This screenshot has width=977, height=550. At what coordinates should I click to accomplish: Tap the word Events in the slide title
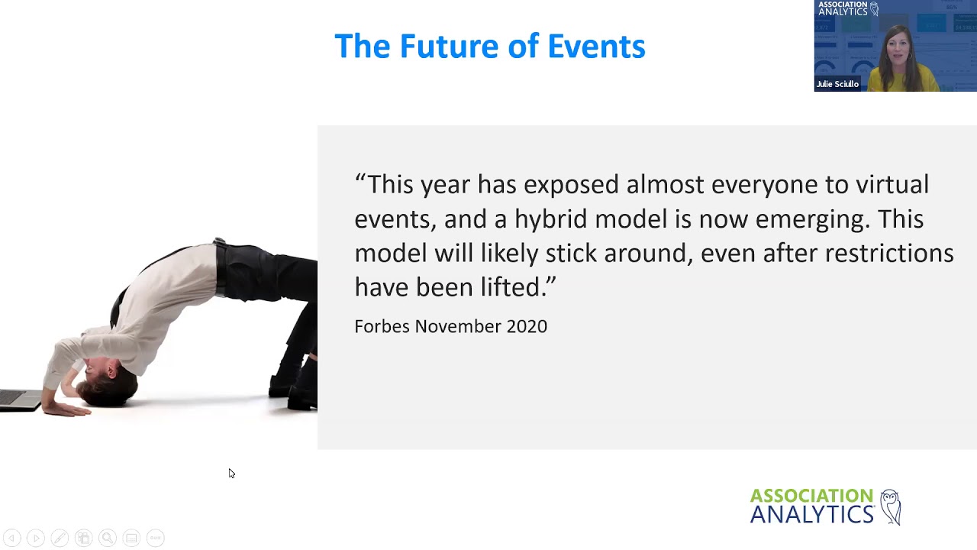click(x=596, y=47)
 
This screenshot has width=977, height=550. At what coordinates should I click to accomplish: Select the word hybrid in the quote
click(x=551, y=219)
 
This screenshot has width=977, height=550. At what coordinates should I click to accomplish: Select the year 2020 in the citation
click(x=527, y=327)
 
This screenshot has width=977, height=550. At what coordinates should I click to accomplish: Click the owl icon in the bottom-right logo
click(x=890, y=507)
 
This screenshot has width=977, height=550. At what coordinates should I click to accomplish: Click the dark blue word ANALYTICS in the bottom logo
click(x=811, y=516)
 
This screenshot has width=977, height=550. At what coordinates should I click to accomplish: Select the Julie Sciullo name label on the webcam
click(x=837, y=84)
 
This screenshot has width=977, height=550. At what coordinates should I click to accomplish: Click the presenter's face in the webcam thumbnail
click(x=898, y=47)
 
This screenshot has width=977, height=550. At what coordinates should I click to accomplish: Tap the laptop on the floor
click(x=19, y=400)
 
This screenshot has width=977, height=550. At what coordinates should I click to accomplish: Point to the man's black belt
click(x=221, y=267)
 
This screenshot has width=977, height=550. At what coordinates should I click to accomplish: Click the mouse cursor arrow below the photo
click(x=231, y=473)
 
